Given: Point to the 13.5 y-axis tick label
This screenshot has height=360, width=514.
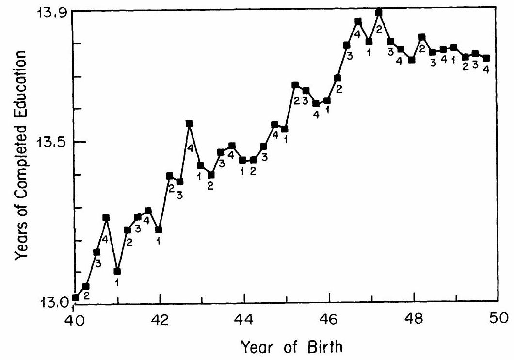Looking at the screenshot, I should point(50,142).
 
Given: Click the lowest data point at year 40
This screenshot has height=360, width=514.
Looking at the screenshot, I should point(75,297).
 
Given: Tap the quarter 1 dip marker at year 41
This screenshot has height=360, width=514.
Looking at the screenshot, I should point(117,271).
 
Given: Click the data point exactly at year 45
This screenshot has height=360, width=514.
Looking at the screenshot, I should point(285,129).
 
